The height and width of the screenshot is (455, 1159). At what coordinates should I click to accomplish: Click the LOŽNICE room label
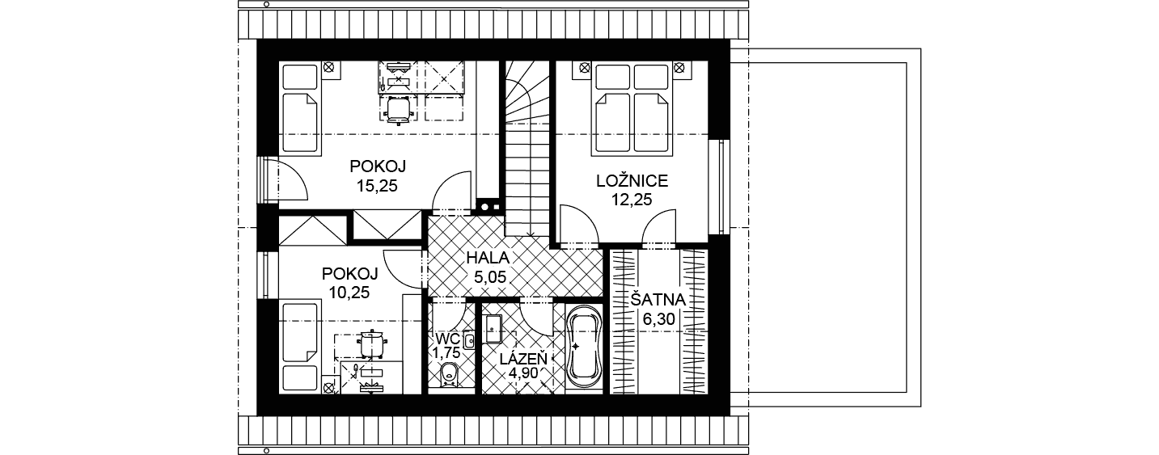coord(632,181)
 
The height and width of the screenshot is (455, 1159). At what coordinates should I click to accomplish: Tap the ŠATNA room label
coord(658,300)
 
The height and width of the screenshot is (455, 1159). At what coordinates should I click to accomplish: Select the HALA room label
coord(488,258)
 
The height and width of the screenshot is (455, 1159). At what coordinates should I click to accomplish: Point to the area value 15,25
coord(377,186)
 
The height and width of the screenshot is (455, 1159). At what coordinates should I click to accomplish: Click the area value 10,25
coord(349,293)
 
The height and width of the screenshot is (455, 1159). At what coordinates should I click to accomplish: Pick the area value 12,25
coord(632,200)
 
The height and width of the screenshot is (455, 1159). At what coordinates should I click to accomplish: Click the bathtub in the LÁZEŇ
coord(585,348)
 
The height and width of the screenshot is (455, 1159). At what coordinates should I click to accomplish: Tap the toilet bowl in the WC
coord(448,374)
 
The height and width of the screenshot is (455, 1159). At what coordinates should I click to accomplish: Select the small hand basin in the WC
coord(469,340)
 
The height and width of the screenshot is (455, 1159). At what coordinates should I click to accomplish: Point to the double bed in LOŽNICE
coord(631,108)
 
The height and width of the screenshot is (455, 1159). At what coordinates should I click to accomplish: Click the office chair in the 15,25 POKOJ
coord(398,109)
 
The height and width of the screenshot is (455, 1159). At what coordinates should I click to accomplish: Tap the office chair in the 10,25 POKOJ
coord(371,343)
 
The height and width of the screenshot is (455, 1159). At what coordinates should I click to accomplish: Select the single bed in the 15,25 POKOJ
coord(299,107)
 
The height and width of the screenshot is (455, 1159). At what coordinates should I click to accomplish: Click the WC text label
coord(447,339)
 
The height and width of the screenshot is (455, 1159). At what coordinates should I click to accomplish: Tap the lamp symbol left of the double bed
coord(584,67)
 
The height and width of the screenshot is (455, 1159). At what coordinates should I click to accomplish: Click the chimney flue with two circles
coord(489,206)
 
